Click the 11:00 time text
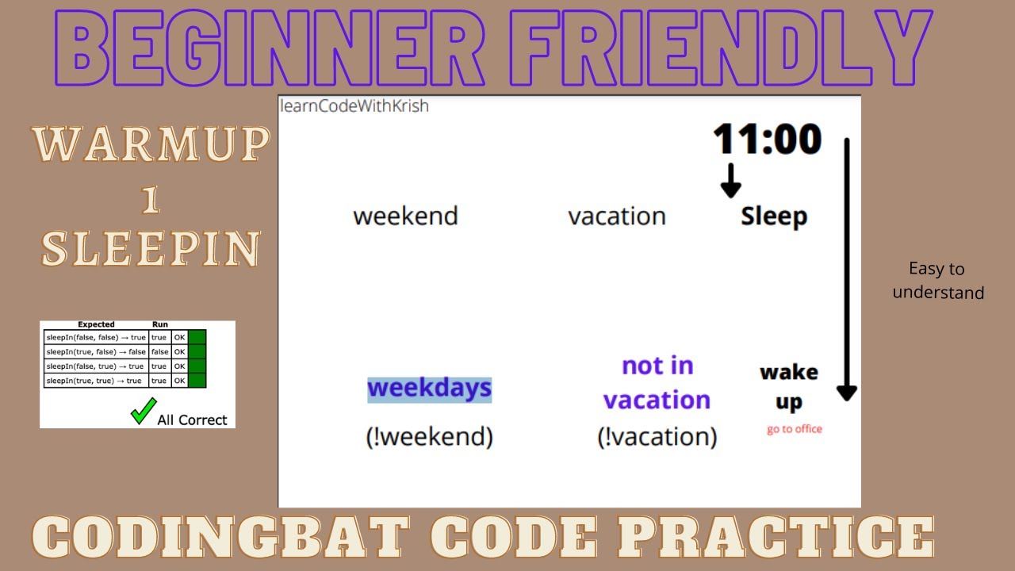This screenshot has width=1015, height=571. click(x=767, y=140)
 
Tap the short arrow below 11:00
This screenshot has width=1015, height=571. click(x=730, y=181)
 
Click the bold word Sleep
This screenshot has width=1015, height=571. click(x=774, y=217)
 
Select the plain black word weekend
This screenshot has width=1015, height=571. click(x=405, y=217)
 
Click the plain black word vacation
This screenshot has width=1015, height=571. click(x=616, y=217)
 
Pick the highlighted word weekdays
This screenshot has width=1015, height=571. click(x=429, y=389)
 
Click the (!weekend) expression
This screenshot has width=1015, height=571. click(x=429, y=436)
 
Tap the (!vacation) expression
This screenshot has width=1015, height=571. click(x=657, y=436)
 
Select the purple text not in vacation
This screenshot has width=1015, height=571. click(x=657, y=382)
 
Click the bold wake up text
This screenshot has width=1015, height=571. click(x=789, y=387)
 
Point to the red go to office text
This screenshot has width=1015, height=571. click(x=794, y=429)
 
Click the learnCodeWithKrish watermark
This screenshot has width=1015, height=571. click(x=354, y=106)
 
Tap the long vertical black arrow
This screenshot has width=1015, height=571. click(x=847, y=270)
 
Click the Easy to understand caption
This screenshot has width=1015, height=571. click(x=937, y=281)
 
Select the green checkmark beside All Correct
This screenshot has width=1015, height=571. click(x=143, y=412)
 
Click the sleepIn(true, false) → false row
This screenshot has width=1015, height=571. click(x=95, y=352)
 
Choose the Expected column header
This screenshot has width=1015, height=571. click(x=96, y=324)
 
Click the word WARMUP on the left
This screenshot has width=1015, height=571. click(x=150, y=145)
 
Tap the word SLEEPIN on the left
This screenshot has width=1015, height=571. click(x=150, y=248)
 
